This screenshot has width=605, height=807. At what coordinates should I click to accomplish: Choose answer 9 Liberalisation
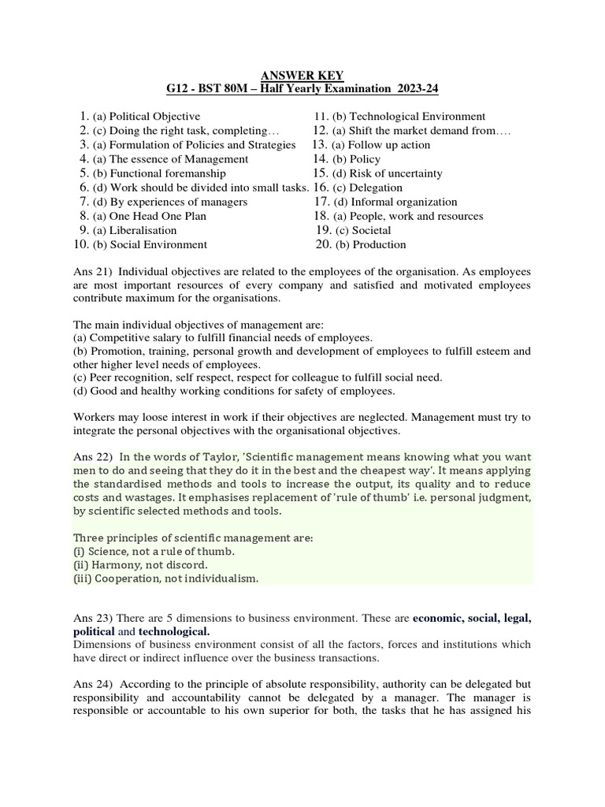(134, 230)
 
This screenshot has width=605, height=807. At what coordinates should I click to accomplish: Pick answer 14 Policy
(359, 159)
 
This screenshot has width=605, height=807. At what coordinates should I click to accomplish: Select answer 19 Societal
(362, 230)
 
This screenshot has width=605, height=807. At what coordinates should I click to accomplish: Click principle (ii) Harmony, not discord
(140, 565)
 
